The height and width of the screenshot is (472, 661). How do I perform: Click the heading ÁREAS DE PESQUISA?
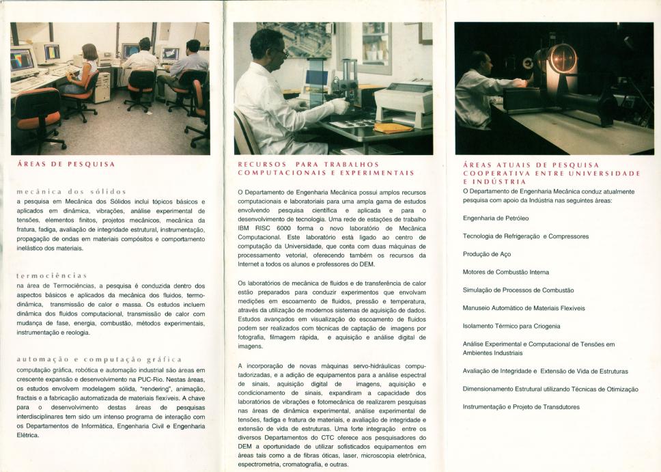66,165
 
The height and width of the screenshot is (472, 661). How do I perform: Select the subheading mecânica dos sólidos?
71,191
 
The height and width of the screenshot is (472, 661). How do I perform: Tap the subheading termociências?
51,275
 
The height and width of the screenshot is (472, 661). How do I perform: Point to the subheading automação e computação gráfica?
99,359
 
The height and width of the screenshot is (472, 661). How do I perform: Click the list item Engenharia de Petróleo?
495,219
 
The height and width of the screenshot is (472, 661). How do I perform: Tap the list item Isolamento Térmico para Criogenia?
511,326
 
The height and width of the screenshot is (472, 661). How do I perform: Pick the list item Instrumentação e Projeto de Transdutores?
521,407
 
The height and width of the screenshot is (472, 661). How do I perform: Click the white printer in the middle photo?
404,102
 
